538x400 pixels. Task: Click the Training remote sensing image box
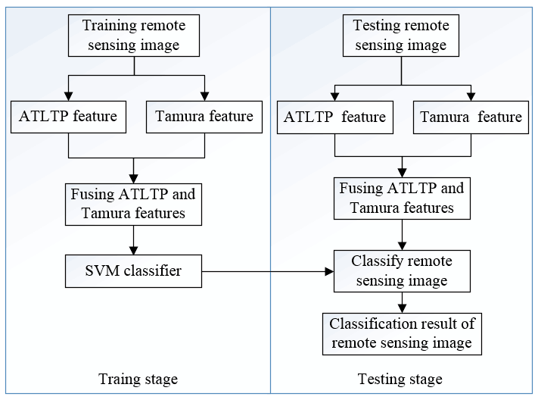pos(134,36)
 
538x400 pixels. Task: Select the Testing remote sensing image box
pos(401,36)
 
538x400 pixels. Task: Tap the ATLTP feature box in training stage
pos(68,117)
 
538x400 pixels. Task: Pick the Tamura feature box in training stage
pos(204,117)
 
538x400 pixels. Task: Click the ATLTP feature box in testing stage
pos(335,117)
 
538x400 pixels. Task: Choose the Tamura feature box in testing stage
pos(471,117)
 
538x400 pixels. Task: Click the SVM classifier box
pos(133,270)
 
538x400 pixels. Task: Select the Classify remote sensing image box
pos(402,271)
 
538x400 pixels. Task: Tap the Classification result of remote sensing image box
pos(402,333)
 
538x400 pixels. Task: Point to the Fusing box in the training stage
pos(133,204)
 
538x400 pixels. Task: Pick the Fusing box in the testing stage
pos(402,198)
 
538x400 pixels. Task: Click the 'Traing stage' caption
pos(138,380)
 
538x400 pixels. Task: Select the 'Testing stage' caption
pos(400,380)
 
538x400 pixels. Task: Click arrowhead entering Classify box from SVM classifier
pos(329,271)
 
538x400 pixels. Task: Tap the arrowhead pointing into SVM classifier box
pos(133,250)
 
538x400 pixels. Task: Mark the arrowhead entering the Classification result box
pos(402,308)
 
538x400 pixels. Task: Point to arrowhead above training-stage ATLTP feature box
pos(68,96)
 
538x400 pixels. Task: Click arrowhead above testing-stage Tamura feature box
pos(471,96)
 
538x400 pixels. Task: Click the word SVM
pos(102,270)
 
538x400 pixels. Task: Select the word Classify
pos(377,262)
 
